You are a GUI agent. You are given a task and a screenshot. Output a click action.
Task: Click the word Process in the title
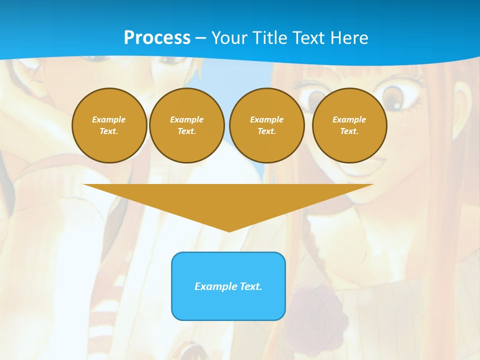click(x=157, y=38)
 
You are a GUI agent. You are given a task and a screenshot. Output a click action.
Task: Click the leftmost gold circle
click(x=109, y=125)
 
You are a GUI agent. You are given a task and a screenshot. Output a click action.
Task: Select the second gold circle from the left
click(x=187, y=125)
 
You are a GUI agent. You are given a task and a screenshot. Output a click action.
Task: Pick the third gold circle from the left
click(x=267, y=125)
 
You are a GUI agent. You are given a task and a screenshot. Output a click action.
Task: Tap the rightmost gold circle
click(x=349, y=125)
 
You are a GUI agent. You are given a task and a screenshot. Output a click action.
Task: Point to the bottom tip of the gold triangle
click(x=229, y=230)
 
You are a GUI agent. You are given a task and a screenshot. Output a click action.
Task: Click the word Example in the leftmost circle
click(x=109, y=119)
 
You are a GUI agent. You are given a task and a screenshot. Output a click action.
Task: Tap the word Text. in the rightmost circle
click(x=349, y=131)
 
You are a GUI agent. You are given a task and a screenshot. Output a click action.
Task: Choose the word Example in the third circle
click(x=267, y=119)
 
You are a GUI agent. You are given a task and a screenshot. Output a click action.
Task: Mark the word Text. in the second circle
click(x=187, y=131)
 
